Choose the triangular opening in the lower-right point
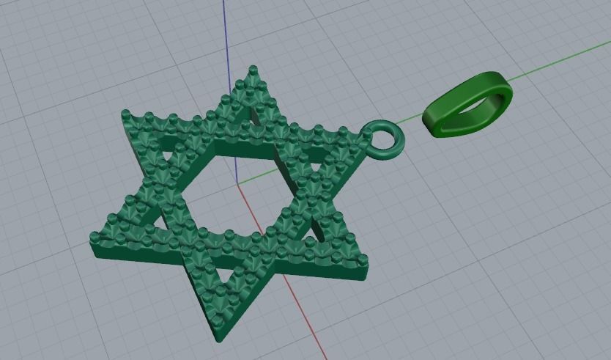316,231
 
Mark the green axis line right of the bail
557,62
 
